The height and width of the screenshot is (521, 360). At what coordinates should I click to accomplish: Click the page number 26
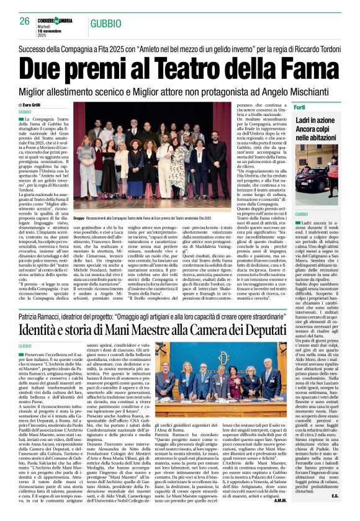click(x=25, y=20)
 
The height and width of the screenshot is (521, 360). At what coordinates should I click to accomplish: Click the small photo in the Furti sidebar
click(x=317, y=179)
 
